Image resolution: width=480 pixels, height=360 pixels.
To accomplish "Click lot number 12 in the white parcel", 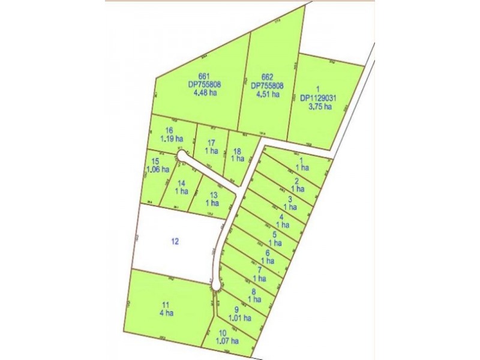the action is click(175, 242).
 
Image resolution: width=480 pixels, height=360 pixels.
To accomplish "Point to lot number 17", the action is click(211, 142).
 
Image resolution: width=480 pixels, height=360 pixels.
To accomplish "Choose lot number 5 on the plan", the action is click(274, 235).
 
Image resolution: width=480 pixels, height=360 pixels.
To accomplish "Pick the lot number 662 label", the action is click(268, 77).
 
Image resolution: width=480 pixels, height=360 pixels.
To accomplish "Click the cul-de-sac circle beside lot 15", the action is click(181, 157).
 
